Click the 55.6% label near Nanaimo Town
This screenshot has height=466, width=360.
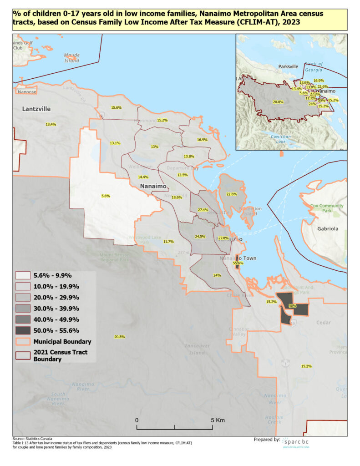coord(238,263)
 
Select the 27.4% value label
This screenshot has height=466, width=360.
coord(203,210)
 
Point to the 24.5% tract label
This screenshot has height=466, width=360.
coord(200,237)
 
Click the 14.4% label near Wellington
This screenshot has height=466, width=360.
coord(143,177)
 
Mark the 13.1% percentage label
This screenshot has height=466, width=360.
coord(115,143)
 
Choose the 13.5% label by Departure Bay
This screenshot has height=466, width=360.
coord(183,175)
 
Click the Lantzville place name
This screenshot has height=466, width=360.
coord(36,109)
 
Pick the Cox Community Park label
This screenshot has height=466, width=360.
coord(327,208)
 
